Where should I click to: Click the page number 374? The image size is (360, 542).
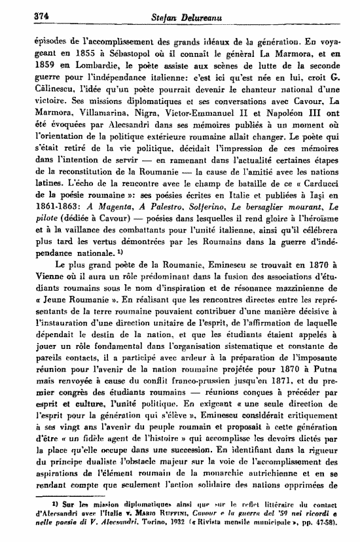(x=24, y=9)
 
